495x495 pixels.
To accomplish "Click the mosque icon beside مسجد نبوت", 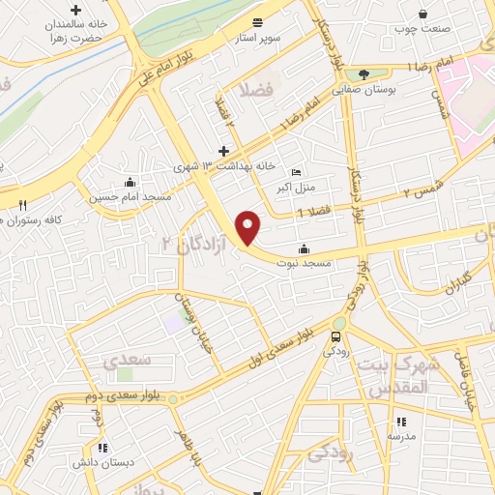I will click(305, 247).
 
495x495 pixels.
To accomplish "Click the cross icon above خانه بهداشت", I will click(223, 151).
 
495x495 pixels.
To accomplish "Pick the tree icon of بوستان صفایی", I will click(364, 74).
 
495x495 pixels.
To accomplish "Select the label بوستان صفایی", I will click(365, 88).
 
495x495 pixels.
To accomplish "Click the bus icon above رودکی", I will click(335, 337).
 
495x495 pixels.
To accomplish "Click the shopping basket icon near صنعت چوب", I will click(423, 14).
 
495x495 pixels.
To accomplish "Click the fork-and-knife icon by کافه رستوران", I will click(22, 205).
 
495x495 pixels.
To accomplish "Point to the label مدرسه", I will click(401, 435).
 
